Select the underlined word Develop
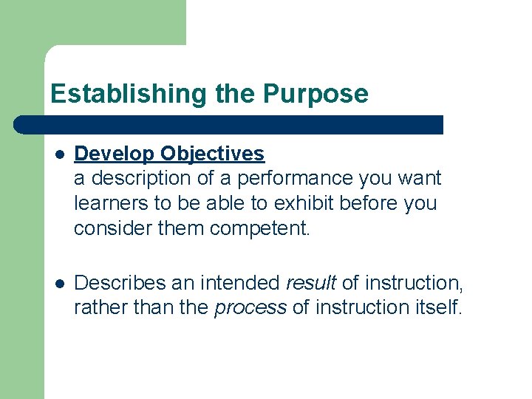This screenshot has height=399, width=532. (115, 154)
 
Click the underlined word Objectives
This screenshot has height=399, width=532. (212, 154)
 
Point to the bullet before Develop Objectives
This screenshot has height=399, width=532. (60, 154)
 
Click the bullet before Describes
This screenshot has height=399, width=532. (60, 283)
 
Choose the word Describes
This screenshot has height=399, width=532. (123, 283)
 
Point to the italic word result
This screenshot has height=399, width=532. (311, 283)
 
